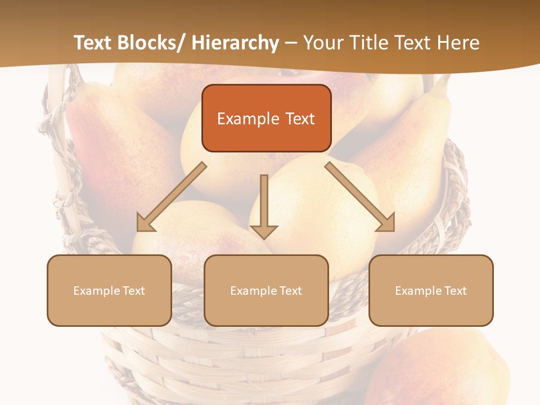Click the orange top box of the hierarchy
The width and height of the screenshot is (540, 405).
266,118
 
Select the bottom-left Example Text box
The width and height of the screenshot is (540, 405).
109,290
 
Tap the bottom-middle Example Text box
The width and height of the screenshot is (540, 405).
266,290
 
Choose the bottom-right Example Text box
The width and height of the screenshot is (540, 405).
431,290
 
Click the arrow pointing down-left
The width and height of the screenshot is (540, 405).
172,197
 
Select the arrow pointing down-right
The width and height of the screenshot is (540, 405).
360,197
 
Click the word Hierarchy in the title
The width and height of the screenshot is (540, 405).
235,43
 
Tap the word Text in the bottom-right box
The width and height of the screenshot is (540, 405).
454,290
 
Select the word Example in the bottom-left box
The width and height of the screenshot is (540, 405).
95,290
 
